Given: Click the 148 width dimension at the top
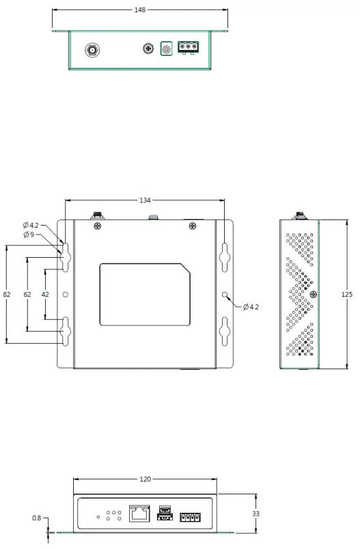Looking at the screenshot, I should [140, 10].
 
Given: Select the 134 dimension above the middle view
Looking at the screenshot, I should [145, 200].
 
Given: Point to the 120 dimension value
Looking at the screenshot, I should [145, 480].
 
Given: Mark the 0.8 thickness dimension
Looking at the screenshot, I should [36, 518].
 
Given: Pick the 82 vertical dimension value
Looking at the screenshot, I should [7, 294].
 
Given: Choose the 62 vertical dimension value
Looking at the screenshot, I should [27, 294].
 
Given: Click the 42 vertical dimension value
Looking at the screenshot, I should [45, 294].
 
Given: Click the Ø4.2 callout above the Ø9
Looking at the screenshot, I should [31, 225].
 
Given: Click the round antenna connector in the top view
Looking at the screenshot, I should [91, 50].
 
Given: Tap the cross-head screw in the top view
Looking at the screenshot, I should [147, 49].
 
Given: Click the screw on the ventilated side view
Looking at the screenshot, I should [313, 295].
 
